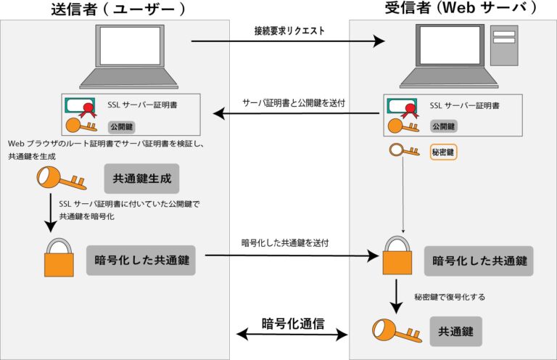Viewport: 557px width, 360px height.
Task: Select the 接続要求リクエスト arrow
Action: point(288,42)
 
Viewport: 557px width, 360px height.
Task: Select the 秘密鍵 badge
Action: point(442,152)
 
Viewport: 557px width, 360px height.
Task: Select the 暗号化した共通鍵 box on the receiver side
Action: point(479,261)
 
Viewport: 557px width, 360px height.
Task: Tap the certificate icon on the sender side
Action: point(81,107)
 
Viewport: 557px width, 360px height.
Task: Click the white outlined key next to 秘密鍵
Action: point(405,152)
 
